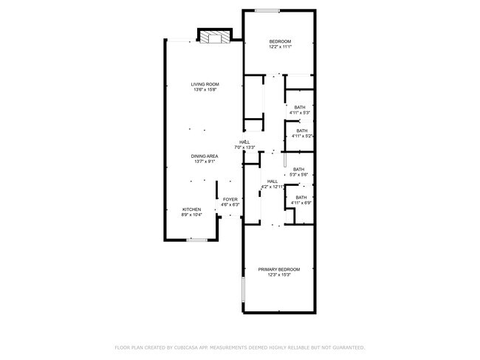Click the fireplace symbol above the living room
click(215, 37)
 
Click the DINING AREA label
click(204, 156)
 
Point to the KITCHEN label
click(192, 210)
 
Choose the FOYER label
click(230, 199)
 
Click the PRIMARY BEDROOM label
click(279, 269)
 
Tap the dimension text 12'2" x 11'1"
click(280, 46)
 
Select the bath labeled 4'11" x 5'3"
click(299, 110)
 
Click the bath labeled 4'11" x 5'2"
click(302, 134)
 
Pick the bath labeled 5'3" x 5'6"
click(298, 172)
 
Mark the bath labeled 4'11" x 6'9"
click(301, 200)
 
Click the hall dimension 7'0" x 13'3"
click(244, 148)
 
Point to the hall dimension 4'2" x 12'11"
click(272, 187)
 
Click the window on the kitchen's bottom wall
click(196, 239)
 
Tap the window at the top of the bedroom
click(267, 10)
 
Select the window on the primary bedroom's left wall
click(242, 291)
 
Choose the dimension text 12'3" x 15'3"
click(279, 275)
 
